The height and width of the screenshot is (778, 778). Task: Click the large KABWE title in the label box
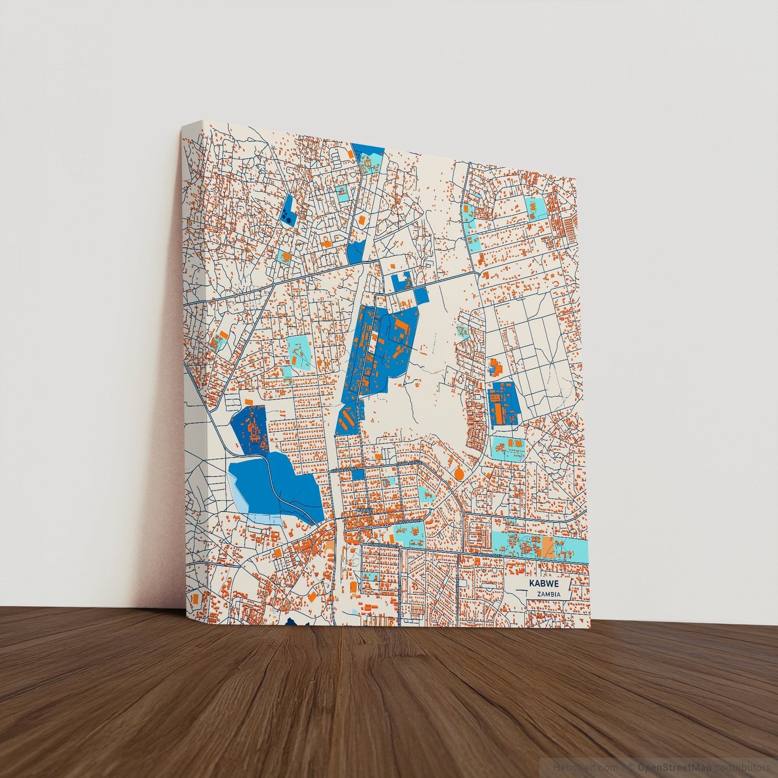(x=544, y=584)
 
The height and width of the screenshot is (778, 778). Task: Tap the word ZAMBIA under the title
(x=548, y=594)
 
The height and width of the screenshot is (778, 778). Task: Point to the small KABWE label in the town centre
(x=365, y=509)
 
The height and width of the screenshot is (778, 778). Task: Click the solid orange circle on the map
(x=459, y=473)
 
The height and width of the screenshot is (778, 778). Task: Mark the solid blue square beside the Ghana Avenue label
(x=358, y=474)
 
